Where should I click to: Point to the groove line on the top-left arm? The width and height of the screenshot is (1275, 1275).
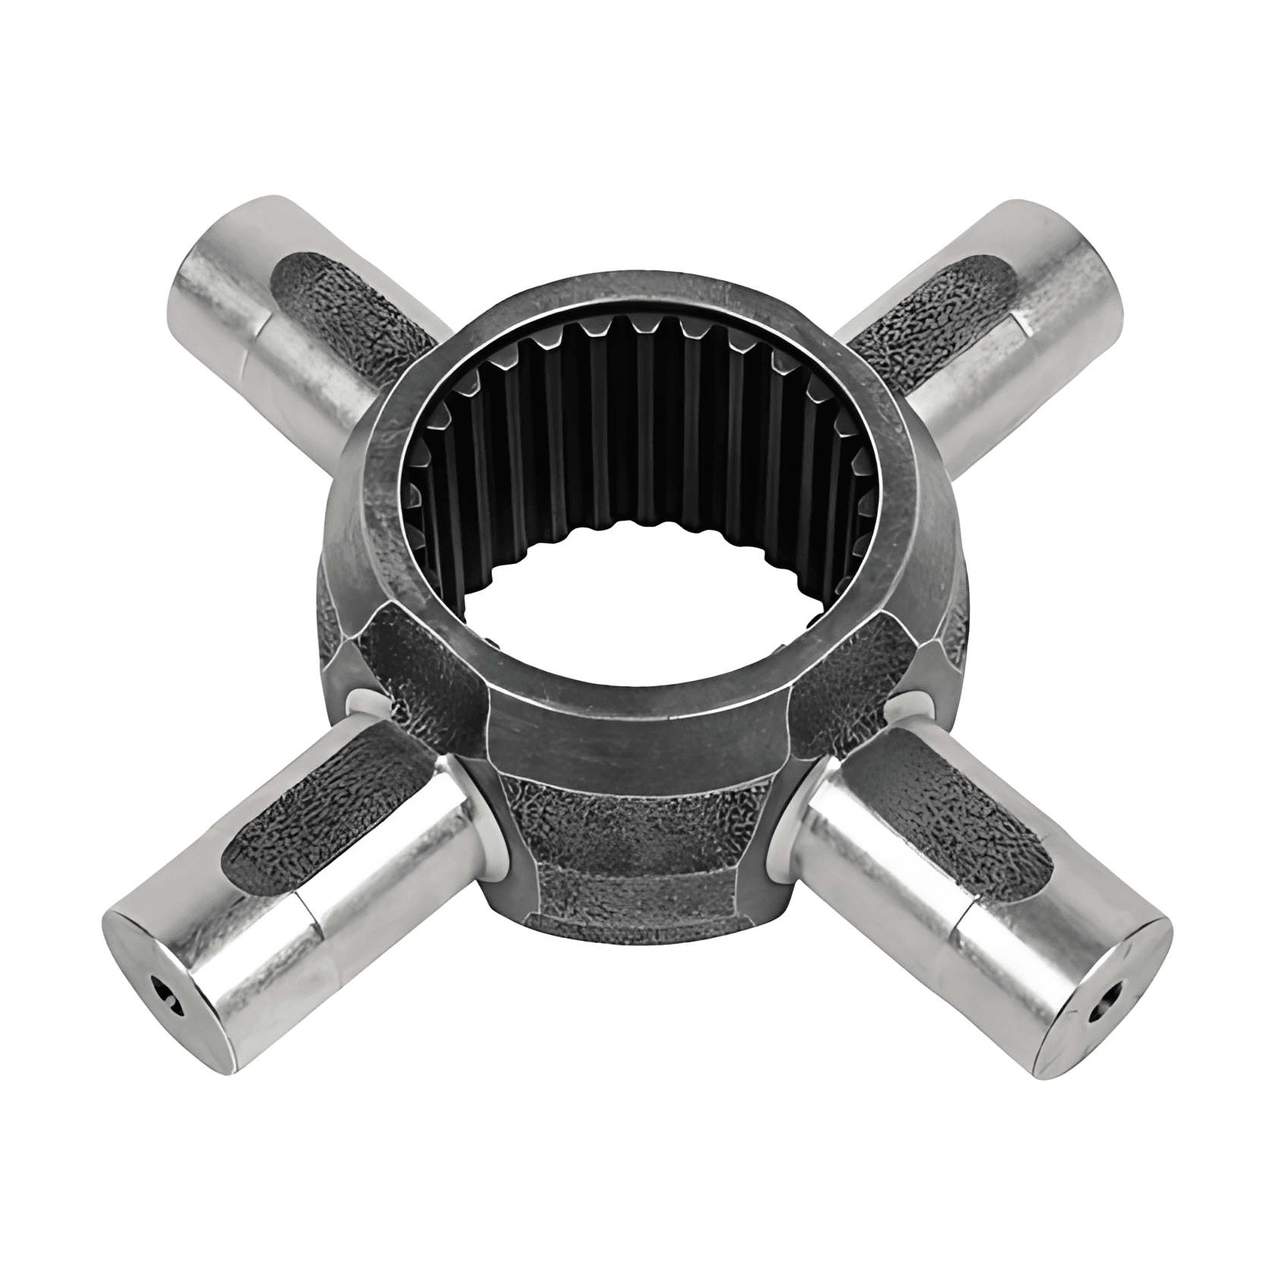tap(254, 342)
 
